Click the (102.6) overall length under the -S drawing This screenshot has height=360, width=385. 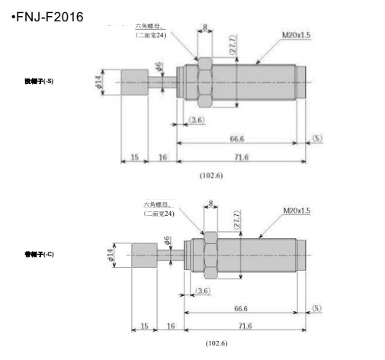(x=210, y=175)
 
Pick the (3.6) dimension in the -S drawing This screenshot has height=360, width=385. (x=195, y=121)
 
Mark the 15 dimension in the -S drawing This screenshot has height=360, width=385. (x=134, y=157)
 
